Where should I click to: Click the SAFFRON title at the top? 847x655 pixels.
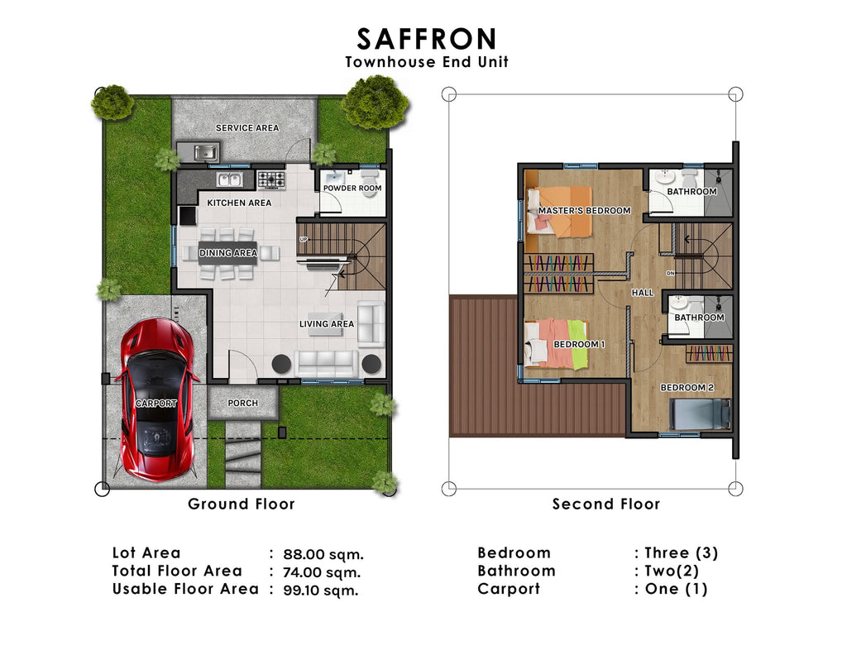427,38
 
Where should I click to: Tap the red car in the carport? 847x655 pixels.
157,402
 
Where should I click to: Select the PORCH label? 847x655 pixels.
243,404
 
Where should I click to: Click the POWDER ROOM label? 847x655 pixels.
352,189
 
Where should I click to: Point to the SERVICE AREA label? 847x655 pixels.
247,128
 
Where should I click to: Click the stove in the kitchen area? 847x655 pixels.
270,179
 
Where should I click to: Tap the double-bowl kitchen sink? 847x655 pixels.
228,179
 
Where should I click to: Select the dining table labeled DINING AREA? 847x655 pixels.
227,252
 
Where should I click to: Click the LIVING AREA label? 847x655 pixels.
327,324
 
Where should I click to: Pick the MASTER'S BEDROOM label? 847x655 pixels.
584,211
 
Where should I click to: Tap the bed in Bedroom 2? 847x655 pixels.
700,414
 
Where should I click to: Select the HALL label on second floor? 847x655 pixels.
643,293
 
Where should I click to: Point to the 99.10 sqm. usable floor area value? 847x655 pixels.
321,590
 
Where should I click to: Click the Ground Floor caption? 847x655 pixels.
241,504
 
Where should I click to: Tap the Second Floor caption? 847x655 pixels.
606,504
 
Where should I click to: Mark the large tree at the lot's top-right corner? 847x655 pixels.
374,102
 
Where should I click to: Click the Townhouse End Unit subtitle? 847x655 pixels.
427,62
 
